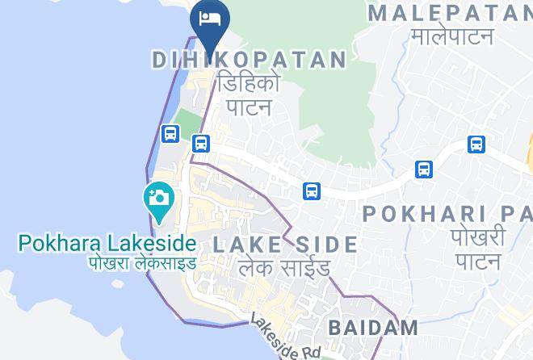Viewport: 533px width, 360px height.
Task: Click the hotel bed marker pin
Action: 210,20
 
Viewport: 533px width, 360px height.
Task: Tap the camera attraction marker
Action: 158,199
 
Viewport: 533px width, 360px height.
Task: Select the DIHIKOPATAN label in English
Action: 250,60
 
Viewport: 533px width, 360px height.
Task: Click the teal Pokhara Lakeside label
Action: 107,243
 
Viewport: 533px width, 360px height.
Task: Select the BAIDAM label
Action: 373,328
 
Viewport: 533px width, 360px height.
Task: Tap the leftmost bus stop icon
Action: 170,134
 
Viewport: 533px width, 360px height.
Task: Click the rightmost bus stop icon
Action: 476,144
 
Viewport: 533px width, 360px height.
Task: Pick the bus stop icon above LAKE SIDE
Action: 312,191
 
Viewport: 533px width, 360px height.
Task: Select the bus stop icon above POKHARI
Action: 424,170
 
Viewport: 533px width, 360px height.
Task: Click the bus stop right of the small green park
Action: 201,144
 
